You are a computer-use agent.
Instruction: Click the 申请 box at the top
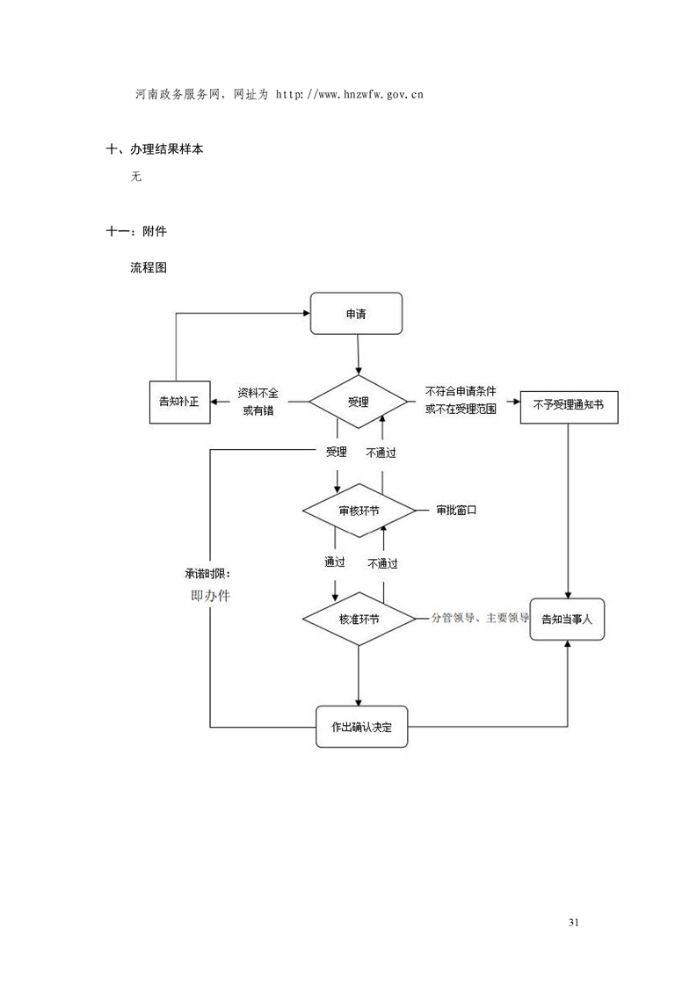356,314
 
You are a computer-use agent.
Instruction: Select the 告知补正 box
178,402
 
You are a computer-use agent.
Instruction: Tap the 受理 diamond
359,402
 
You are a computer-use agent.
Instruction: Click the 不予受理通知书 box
569,405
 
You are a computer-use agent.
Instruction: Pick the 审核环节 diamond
359,511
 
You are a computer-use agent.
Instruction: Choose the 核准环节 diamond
359,619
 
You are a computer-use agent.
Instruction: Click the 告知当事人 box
567,619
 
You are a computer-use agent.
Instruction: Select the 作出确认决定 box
362,727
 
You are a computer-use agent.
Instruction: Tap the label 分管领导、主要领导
480,618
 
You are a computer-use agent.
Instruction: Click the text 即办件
211,595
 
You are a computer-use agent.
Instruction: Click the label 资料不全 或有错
258,401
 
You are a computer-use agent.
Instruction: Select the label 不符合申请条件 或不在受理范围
461,401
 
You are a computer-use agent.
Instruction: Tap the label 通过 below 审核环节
334,562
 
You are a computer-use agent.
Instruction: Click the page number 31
574,922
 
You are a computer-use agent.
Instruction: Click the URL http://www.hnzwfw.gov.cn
350,93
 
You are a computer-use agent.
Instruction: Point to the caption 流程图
149,267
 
